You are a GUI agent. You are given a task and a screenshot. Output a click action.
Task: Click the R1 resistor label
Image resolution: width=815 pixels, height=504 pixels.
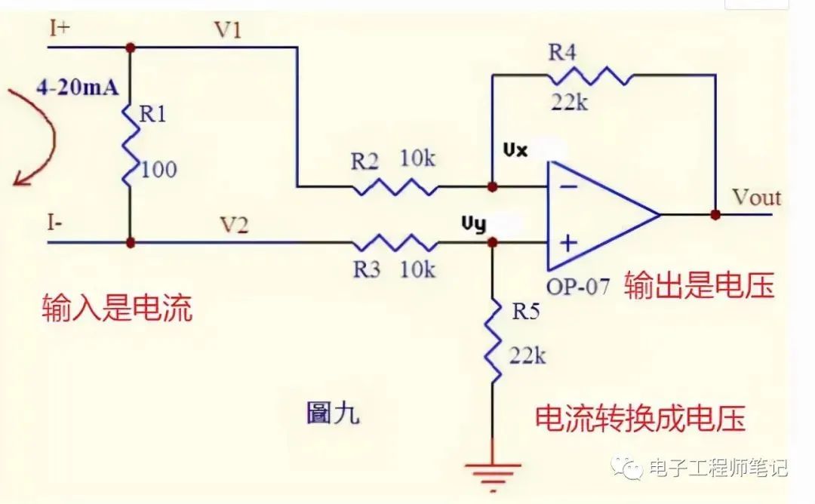[x=154, y=115]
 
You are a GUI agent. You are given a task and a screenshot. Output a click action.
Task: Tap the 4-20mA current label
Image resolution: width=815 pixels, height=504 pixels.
[x=77, y=88]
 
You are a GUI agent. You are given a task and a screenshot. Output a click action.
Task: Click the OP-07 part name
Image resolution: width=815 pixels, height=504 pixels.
[x=578, y=287]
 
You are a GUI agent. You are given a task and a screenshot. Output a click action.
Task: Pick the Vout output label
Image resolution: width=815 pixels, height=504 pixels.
[x=756, y=198]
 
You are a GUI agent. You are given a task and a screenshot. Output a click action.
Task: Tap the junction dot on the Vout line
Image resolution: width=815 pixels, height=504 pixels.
[x=715, y=214]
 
